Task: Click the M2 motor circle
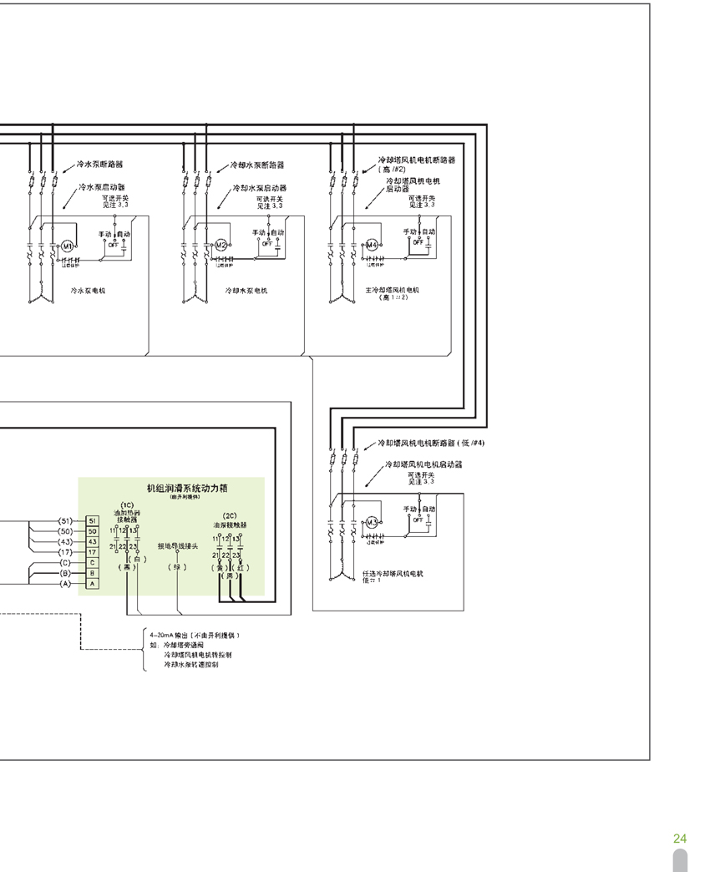[221, 245]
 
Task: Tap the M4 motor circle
[372, 245]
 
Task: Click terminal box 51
[93, 520]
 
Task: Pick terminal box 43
[93, 541]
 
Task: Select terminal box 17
[93, 552]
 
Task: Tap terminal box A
[93, 583]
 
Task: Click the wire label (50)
[65, 531]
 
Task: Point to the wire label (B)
[65, 573]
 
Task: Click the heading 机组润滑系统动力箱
[181, 487]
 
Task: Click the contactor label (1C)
[127, 504]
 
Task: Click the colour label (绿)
[176, 567]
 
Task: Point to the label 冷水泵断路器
[99, 165]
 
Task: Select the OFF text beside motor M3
[417, 520]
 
